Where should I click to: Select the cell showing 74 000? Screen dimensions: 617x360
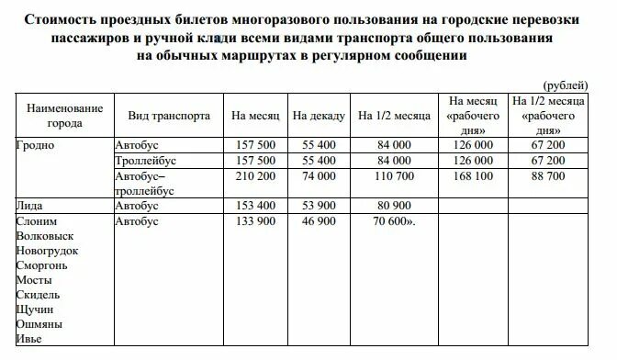[319, 175]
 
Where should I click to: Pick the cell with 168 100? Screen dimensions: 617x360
[474, 175]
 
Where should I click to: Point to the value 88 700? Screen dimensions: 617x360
[549, 175]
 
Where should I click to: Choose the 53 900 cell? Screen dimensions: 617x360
[319, 206]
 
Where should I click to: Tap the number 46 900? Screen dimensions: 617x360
[319, 221]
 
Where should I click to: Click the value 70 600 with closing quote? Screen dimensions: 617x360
[395, 221]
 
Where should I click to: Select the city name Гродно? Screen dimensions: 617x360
[36, 145]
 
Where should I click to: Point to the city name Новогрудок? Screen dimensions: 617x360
[48, 251]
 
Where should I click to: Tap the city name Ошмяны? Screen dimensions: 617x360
[39, 324]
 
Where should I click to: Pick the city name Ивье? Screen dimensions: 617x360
[30, 339]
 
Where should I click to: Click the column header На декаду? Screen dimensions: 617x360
[319, 117]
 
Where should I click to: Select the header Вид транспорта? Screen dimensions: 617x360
[169, 117]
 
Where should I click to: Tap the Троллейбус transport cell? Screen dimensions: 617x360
[146, 160]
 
